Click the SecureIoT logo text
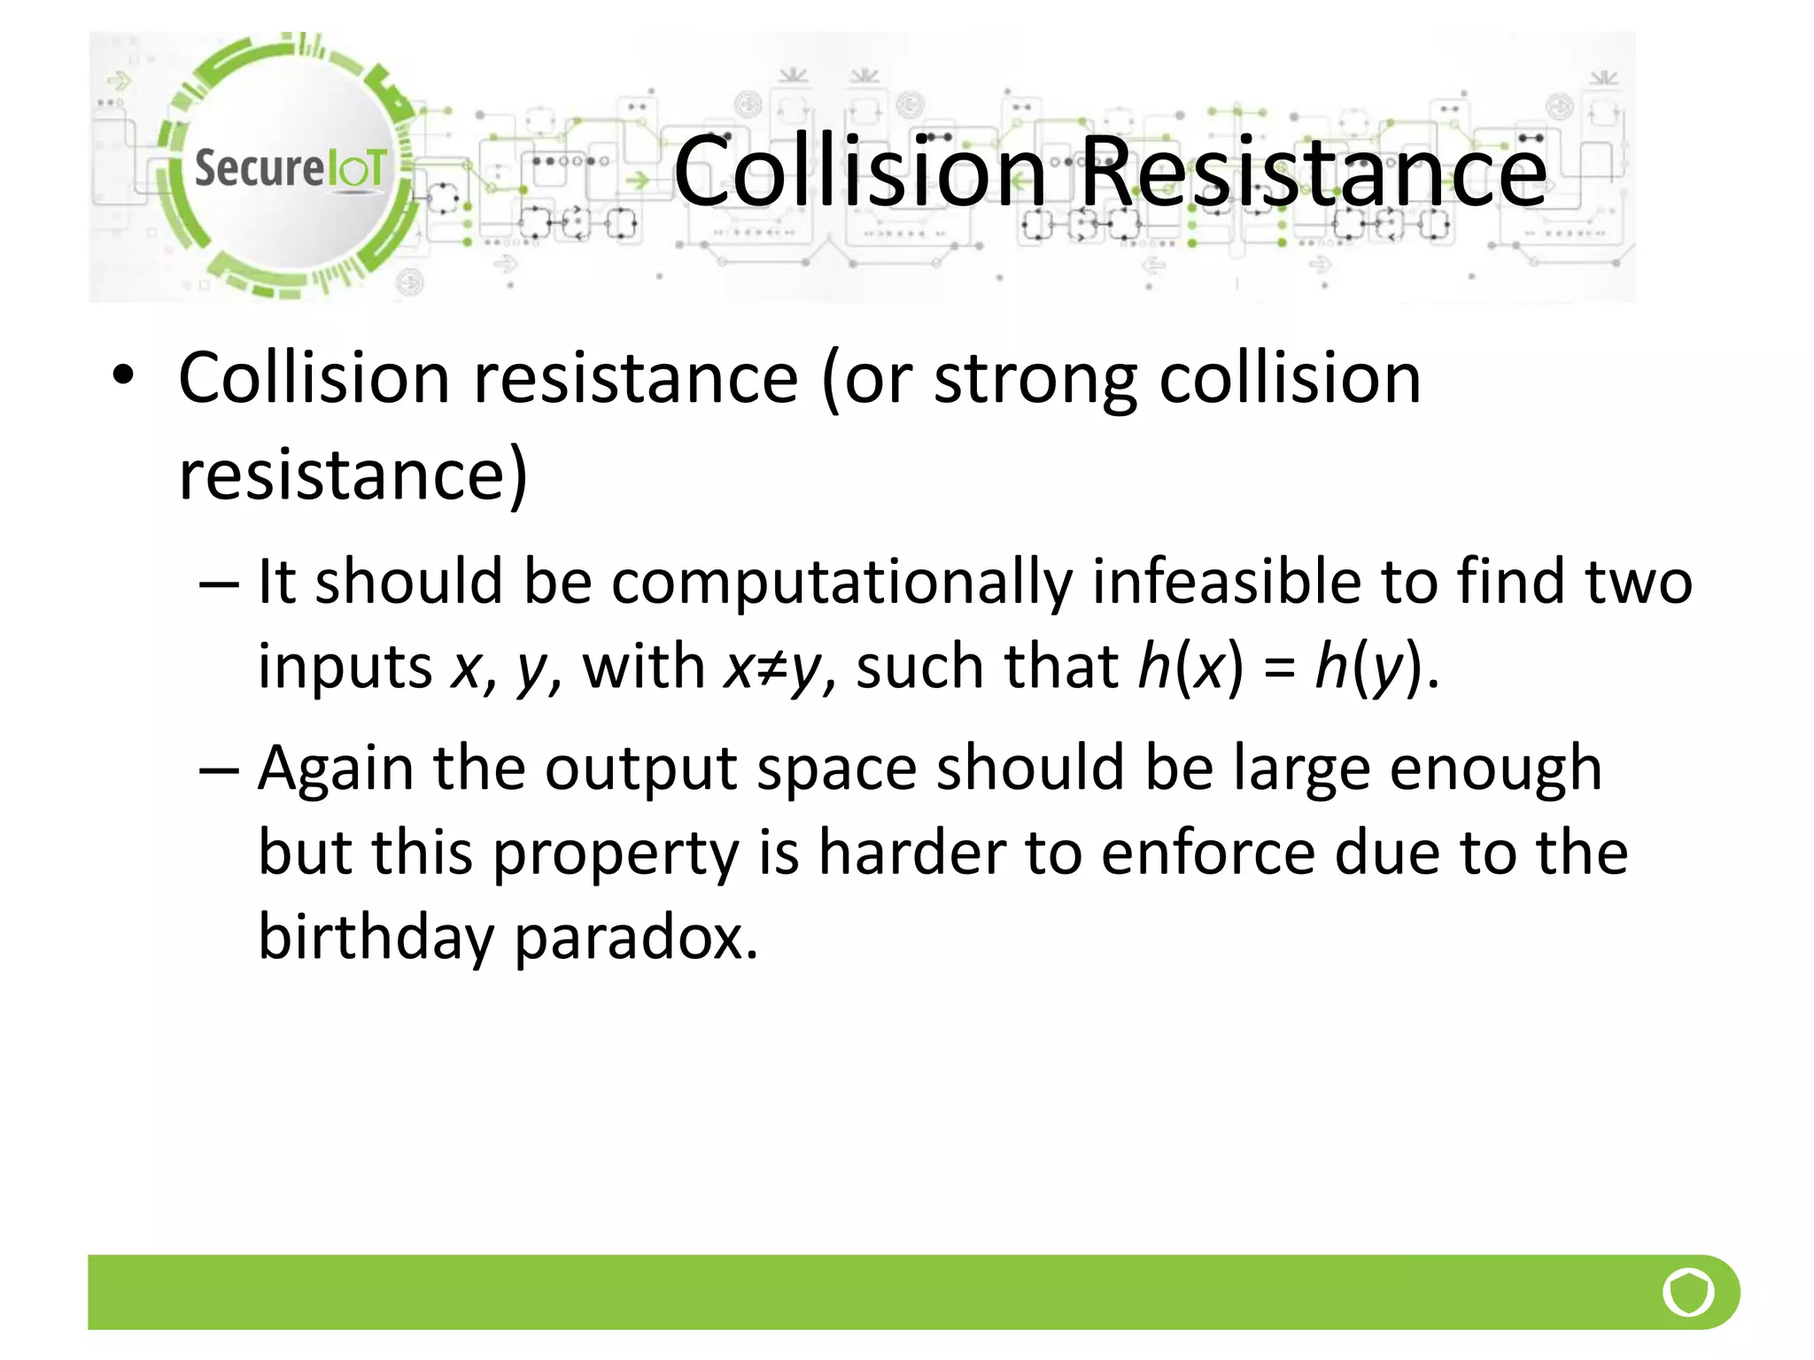[291, 168]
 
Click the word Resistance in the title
[1314, 171]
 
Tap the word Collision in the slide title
[859, 171]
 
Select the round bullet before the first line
[123, 375]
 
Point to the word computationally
[841, 583]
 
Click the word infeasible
[1227, 582]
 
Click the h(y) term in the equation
[1368, 667]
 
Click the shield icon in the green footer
[1687, 1292]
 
